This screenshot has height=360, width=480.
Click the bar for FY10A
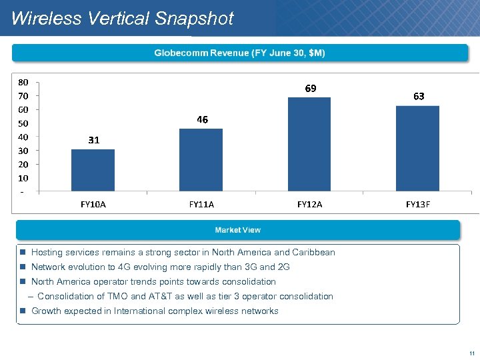[93, 171]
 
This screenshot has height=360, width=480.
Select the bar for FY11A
[201, 161]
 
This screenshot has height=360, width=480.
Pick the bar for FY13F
[417, 149]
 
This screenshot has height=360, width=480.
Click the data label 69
[311, 89]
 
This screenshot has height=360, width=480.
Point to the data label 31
[93, 140]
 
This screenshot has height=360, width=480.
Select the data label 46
[202, 120]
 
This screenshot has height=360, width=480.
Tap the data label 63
[419, 97]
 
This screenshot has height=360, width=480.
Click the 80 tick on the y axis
[23, 83]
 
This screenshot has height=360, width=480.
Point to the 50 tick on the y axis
[23, 123]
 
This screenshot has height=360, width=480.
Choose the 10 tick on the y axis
[23, 178]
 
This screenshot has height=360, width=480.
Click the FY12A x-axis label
[309, 205]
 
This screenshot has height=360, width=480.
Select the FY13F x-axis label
[418, 205]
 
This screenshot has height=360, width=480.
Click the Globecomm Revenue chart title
[240, 53]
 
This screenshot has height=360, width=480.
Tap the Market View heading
[238, 230]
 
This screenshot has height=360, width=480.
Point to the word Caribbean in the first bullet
[314, 253]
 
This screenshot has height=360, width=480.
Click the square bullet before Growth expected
[23, 311]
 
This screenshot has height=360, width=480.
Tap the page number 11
[471, 353]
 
